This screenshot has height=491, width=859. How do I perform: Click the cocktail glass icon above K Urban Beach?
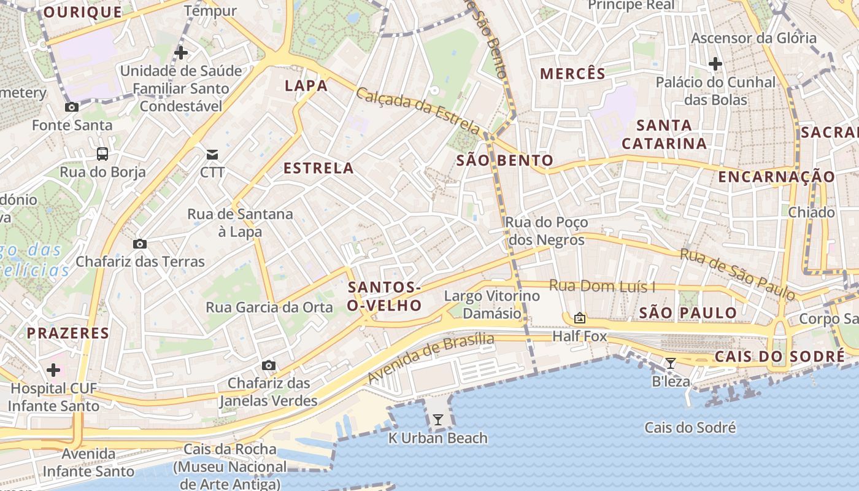(438, 420)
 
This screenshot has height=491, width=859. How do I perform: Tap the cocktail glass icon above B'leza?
(671, 363)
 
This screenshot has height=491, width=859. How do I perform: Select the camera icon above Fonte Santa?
(72, 107)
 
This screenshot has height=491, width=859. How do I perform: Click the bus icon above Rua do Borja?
(102, 153)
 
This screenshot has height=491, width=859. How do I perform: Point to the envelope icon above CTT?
(212, 153)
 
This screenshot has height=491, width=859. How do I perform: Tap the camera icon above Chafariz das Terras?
(140, 244)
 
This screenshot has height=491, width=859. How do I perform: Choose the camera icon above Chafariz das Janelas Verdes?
(268, 365)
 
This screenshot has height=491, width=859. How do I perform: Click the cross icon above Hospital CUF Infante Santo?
(53, 370)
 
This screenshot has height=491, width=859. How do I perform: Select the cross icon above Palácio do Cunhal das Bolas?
(715, 63)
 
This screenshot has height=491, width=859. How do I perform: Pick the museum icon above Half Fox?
(579, 318)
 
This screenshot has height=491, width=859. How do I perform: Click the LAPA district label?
(306, 86)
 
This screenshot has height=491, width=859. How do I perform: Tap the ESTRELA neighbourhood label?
(318, 168)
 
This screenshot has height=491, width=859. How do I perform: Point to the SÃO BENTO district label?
(505, 161)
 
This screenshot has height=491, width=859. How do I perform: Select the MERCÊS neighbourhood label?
(572, 74)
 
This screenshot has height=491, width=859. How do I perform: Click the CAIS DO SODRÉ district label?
(779, 357)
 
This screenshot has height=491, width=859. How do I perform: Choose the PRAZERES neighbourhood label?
(67, 333)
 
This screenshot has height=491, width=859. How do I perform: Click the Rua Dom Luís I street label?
(602, 286)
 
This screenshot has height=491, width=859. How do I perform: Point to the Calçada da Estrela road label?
(418, 112)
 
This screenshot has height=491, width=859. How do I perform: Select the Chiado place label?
(812, 212)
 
